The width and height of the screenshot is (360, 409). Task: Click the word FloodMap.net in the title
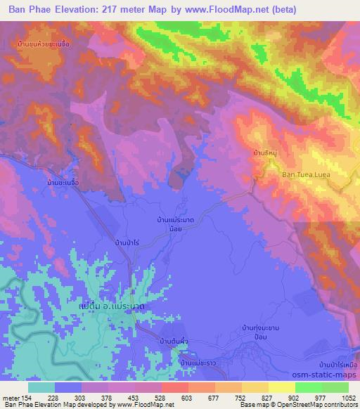click(x=237, y=9)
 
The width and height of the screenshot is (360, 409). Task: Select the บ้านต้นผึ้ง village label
click(x=176, y=340)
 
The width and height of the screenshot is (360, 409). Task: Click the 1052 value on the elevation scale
click(x=340, y=398)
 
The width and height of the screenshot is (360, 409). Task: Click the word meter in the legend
click(x=11, y=398)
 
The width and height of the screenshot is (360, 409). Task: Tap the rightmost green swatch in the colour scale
click(x=335, y=387)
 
